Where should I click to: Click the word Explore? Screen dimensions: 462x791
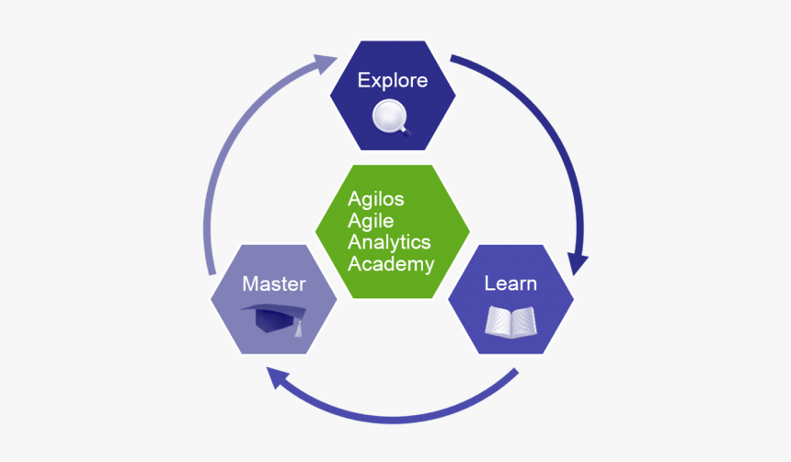pos(393,80)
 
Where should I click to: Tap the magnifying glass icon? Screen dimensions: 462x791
pos(391,118)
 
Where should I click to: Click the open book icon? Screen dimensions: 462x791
pos(510,322)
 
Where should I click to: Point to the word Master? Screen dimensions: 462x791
pos(273,283)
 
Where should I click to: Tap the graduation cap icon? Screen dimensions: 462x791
pos(274,318)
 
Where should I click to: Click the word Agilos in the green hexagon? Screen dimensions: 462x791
pos(376,200)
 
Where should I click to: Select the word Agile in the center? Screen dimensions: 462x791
pos(371,221)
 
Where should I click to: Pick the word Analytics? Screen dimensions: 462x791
pos(389,243)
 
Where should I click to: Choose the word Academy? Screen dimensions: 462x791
pos(391,264)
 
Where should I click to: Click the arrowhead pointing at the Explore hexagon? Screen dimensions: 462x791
pos(325,63)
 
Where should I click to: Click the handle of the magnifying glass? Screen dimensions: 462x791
pos(404,131)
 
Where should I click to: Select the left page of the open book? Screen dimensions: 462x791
pos(499,322)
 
